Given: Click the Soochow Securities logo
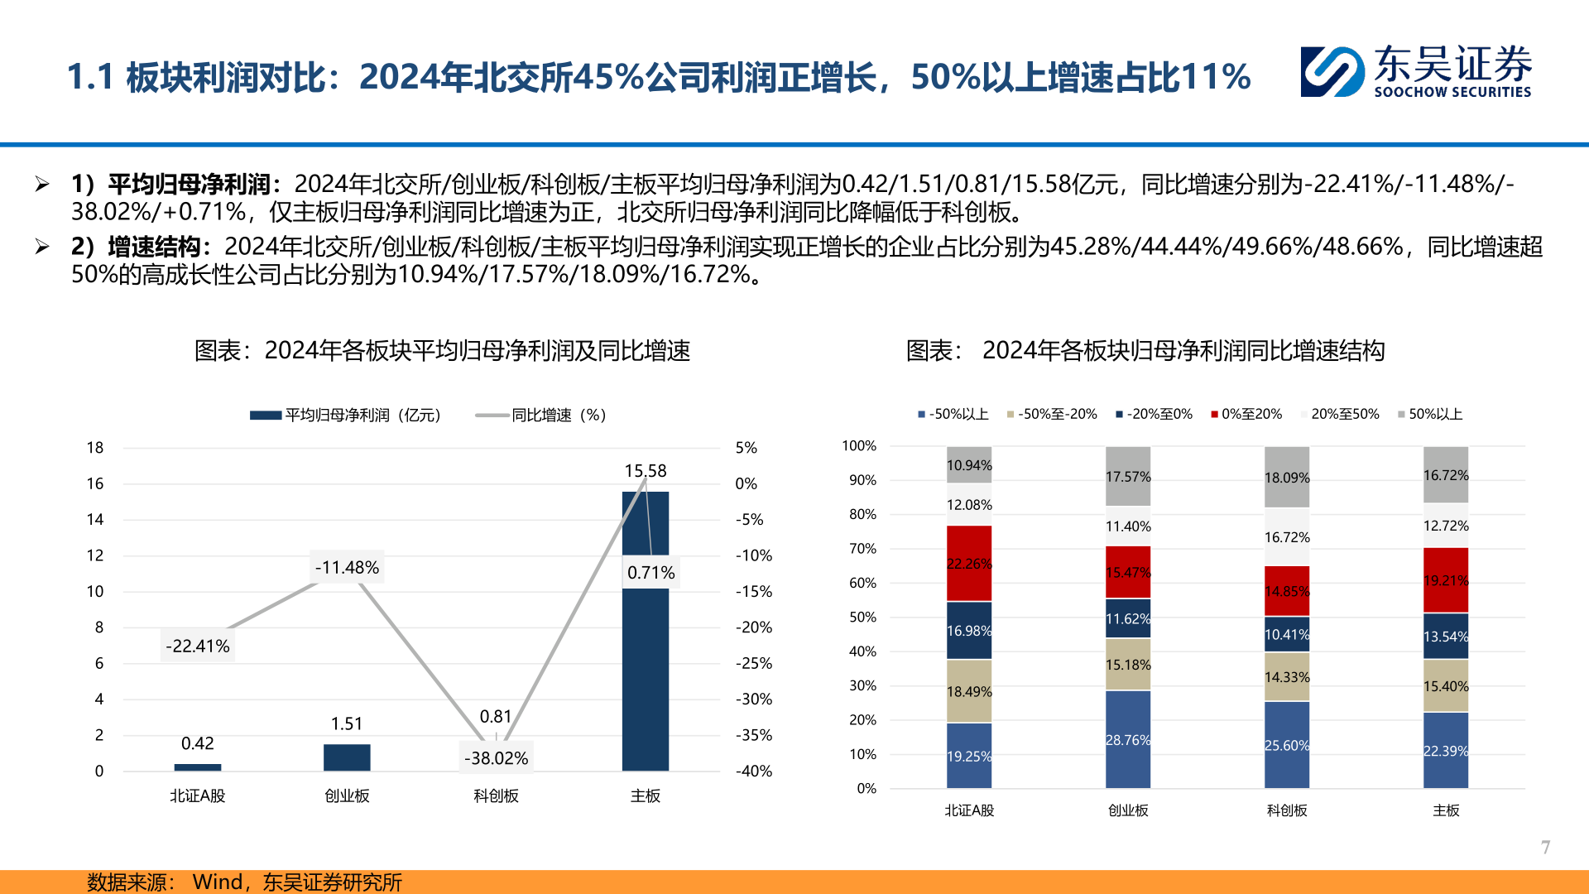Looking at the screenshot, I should (x=1415, y=72).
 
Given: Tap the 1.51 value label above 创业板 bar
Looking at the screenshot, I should (x=347, y=723).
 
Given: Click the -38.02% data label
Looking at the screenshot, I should (x=496, y=758).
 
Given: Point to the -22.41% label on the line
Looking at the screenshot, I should (x=198, y=646).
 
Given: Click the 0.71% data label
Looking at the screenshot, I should (x=650, y=573).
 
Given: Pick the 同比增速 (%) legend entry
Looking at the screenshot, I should (x=541, y=415).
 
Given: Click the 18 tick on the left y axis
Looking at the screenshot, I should (x=95, y=448).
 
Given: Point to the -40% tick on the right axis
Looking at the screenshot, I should (x=753, y=771).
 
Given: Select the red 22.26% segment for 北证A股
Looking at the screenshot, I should (x=969, y=564).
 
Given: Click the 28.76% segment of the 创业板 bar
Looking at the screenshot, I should (x=1128, y=739).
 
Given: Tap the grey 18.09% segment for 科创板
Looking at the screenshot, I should (x=1287, y=478).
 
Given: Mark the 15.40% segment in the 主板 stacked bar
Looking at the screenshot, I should (x=1446, y=686).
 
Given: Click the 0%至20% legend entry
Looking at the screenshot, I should (x=1246, y=414).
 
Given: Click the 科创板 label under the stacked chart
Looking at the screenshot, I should (x=1287, y=810).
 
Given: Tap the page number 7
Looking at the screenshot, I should (x=1545, y=847).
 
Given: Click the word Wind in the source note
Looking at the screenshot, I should (x=218, y=882).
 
